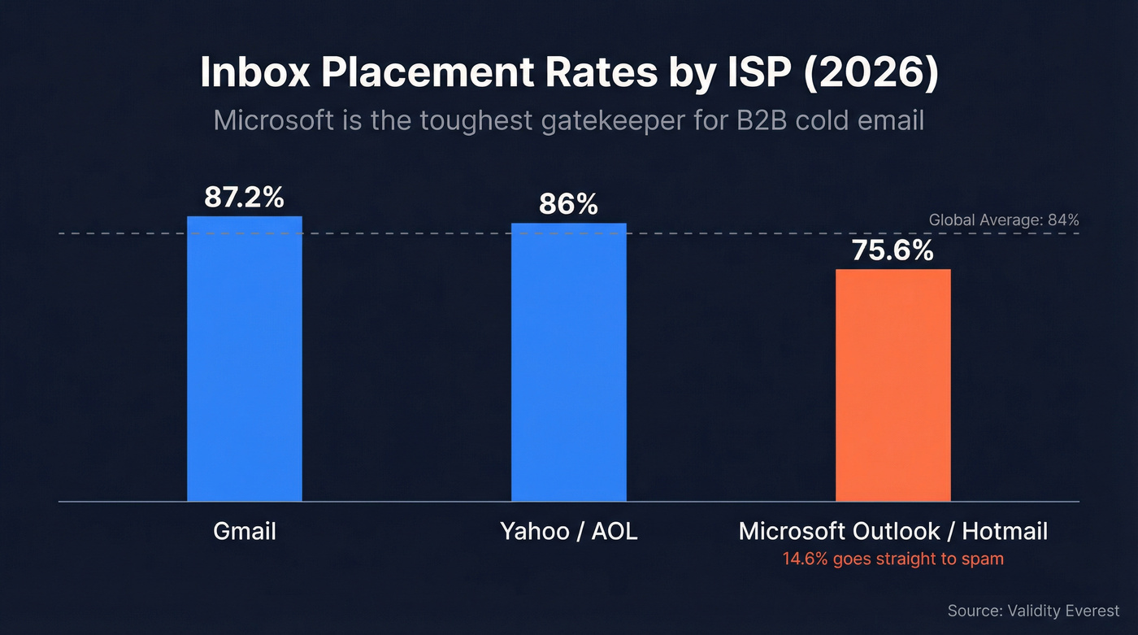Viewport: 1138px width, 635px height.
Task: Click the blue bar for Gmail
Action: pos(244,359)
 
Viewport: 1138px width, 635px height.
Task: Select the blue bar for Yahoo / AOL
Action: pos(568,362)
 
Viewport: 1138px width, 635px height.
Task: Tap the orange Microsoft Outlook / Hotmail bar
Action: pos(893,385)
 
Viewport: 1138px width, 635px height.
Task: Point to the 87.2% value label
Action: pos(244,198)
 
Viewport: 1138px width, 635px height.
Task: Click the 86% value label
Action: pos(568,204)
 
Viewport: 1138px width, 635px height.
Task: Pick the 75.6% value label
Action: pos(893,250)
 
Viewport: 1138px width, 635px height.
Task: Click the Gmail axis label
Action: pos(244,532)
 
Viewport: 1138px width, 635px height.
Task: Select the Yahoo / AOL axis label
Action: pos(568,532)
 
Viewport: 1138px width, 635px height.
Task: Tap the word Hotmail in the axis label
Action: pos(1005,532)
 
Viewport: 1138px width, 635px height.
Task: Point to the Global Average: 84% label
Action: pos(1003,220)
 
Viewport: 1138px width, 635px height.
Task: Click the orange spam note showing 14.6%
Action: pos(893,559)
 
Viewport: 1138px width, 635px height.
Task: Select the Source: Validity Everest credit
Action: pos(1033,611)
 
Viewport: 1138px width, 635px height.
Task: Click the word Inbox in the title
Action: pos(254,73)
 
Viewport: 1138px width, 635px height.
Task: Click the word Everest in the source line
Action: pos(1090,611)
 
